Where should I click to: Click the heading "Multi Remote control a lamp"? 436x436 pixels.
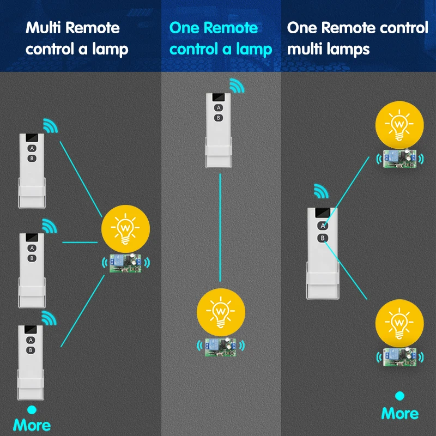[77, 38]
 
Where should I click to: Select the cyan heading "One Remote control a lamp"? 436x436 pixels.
[221, 38]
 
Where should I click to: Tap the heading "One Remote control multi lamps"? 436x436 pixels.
[358, 38]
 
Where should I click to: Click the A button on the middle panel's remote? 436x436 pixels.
[218, 107]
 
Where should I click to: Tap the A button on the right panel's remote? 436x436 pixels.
[323, 226]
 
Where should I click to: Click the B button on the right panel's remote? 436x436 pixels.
[323, 238]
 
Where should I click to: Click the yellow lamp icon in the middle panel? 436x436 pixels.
[221, 310]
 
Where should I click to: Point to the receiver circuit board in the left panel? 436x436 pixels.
[126, 262]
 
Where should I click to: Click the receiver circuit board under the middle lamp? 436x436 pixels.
[221, 347]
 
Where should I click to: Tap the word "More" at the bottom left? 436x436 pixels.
[32, 425]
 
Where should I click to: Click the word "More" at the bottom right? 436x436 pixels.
[400, 414]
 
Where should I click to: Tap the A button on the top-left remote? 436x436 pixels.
[32, 148]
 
